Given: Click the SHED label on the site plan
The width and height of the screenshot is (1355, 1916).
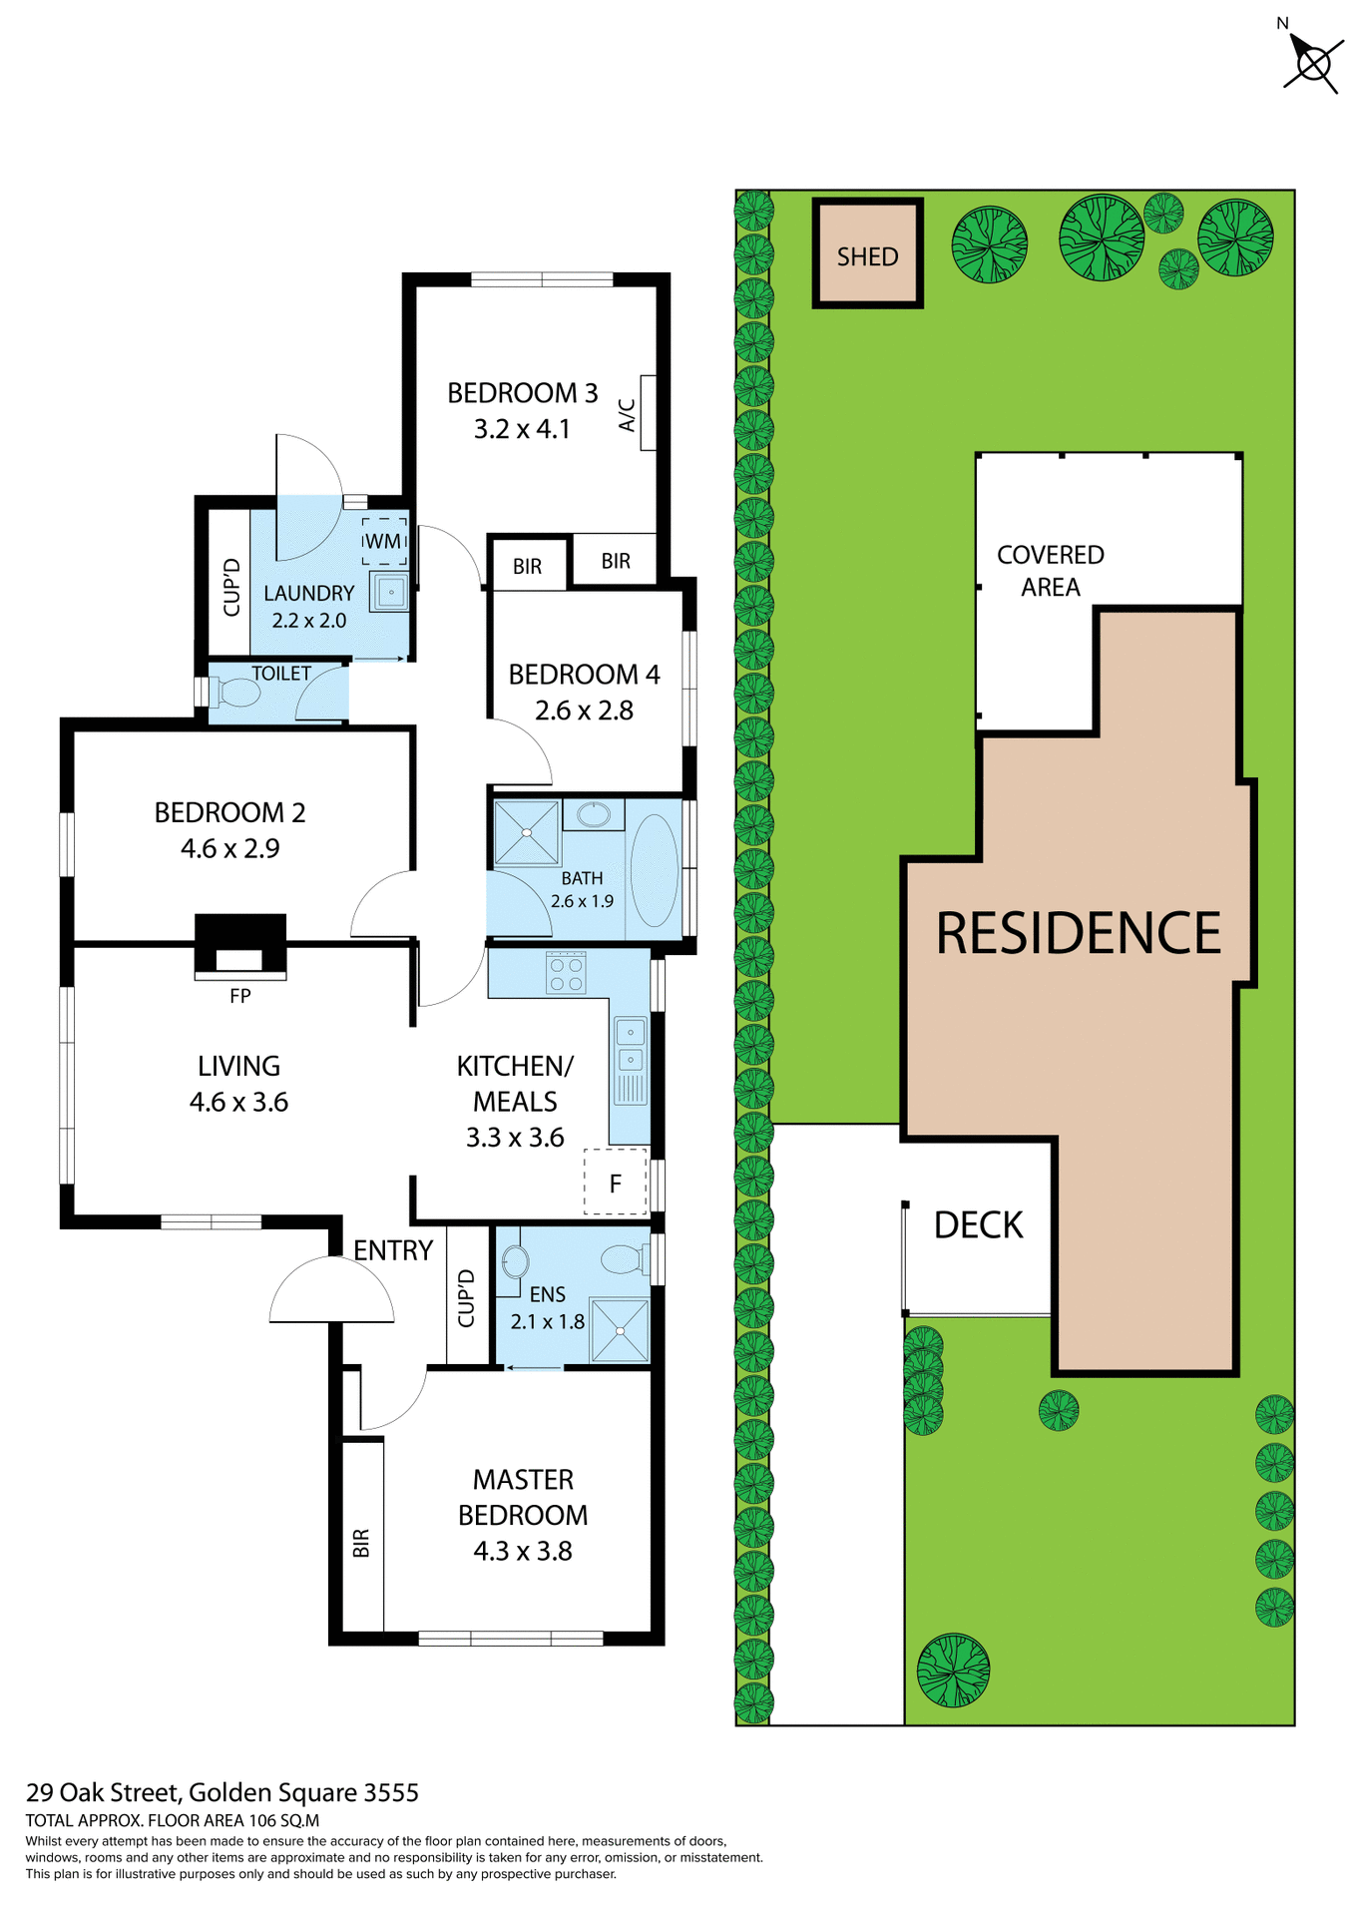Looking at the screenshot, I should pyautogui.click(x=866, y=256).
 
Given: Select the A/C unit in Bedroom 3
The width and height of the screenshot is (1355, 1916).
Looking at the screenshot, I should pyautogui.click(x=647, y=413).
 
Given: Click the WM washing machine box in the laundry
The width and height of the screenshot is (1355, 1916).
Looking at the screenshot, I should pyautogui.click(x=383, y=541).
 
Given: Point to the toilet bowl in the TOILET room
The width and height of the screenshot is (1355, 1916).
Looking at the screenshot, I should pyautogui.click(x=236, y=692).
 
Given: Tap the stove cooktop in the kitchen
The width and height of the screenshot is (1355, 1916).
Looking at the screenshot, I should pyautogui.click(x=566, y=973).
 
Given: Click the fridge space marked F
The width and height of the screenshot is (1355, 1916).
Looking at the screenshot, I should pyautogui.click(x=616, y=1183).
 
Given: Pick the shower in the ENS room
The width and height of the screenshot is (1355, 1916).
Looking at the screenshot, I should pyautogui.click(x=620, y=1330).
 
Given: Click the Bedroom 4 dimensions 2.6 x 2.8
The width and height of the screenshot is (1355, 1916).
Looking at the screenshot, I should pyautogui.click(x=584, y=711).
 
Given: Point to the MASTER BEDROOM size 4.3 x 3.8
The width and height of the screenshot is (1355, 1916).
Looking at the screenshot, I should pyautogui.click(x=522, y=1551).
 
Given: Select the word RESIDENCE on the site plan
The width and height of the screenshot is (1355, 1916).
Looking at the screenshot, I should pyautogui.click(x=1078, y=933).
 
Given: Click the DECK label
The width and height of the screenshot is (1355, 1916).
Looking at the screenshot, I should pyautogui.click(x=978, y=1224).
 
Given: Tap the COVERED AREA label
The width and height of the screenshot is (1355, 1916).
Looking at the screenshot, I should pyautogui.click(x=1050, y=570).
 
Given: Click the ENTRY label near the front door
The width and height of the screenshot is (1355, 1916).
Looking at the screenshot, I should pyautogui.click(x=393, y=1250).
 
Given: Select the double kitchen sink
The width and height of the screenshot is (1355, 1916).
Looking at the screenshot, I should pyautogui.click(x=630, y=1045).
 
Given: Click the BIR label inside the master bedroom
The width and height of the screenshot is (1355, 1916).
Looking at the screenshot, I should pyautogui.click(x=361, y=1543).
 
